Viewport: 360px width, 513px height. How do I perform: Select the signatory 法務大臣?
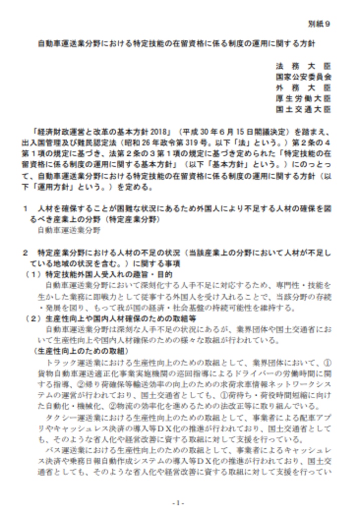tap(303, 66)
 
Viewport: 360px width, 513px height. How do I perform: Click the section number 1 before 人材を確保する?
tap(25, 209)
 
